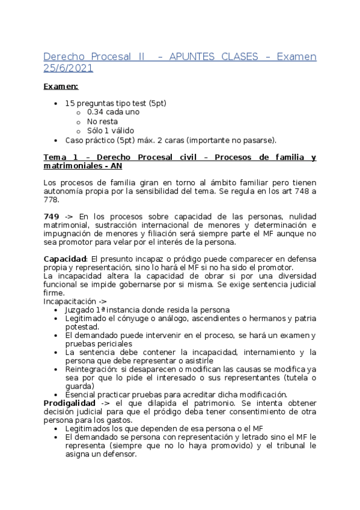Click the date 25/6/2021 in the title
(x=68, y=69)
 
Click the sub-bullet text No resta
(x=102, y=121)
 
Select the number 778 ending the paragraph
(x=52, y=198)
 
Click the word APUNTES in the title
(x=192, y=57)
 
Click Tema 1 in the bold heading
(x=58, y=158)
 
